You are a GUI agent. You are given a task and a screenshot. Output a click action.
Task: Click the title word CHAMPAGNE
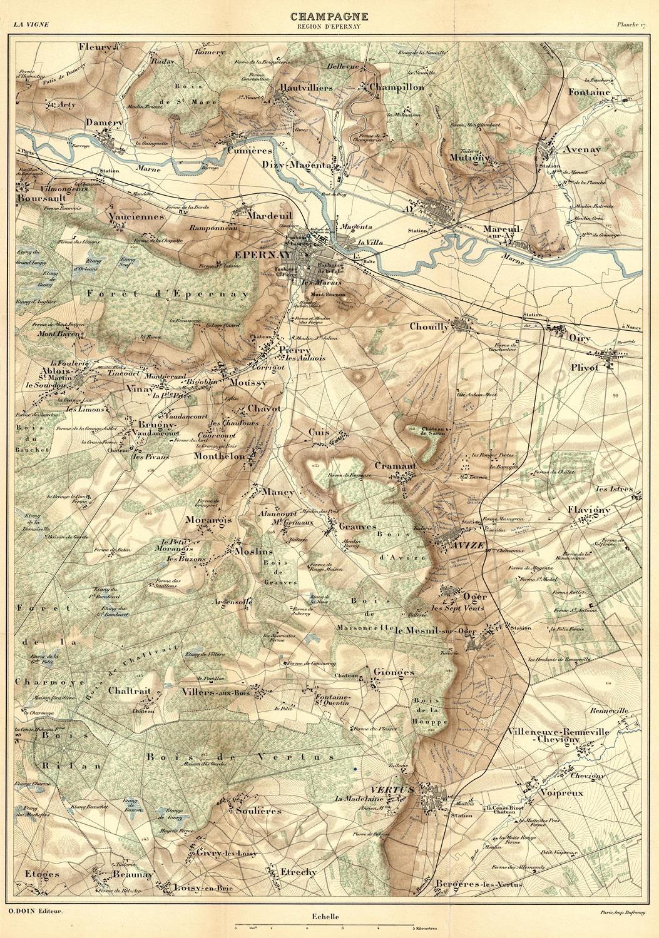click(329, 17)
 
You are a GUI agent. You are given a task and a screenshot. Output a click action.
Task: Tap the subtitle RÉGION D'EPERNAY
click(329, 26)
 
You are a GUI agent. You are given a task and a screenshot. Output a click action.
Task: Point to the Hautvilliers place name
click(307, 88)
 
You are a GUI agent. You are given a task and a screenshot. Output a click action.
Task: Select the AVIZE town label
click(467, 545)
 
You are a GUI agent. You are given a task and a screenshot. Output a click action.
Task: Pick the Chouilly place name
click(429, 326)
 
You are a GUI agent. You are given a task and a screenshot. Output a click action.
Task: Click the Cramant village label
click(395, 466)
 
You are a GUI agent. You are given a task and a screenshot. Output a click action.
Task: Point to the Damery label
click(105, 123)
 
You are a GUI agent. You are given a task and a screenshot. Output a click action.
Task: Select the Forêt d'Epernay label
click(168, 293)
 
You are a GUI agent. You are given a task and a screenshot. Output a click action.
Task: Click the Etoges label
click(42, 874)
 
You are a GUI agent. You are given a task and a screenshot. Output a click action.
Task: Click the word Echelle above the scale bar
click(325, 917)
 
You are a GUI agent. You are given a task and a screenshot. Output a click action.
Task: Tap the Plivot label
click(585, 368)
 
